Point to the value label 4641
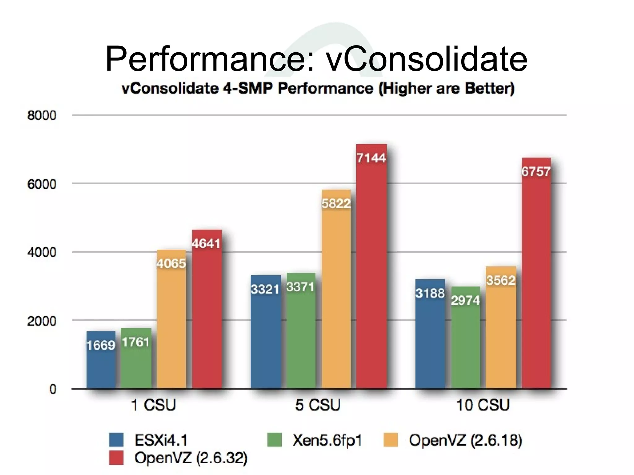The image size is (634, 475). [x=206, y=244]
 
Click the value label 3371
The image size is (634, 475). [x=300, y=287]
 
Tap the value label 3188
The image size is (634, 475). [x=430, y=293]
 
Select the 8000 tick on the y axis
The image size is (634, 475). [x=42, y=116]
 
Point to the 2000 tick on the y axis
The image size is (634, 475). [x=42, y=321]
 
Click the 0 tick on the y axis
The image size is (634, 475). [x=53, y=389]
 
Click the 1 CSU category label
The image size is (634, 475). [x=154, y=405]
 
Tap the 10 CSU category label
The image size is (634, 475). [x=483, y=405]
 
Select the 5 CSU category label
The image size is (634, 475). [x=318, y=405]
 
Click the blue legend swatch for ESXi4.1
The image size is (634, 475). [x=116, y=440]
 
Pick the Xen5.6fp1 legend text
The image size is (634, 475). [x=327, y=440]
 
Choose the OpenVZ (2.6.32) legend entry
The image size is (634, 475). [x=191, y=458]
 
